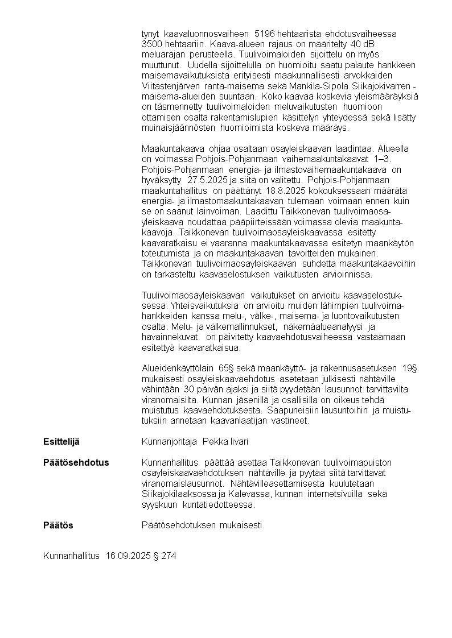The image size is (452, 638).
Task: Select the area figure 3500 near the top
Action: coord(152,44)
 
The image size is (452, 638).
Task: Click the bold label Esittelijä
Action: coord(61,442)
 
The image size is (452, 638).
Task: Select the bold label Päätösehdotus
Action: coord(76,463)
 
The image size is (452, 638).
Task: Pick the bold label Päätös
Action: coord(58,525)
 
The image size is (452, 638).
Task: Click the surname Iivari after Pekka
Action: coord(239,442)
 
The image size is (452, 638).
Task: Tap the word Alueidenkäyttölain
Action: coord(174,368)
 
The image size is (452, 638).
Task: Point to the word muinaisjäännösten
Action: coord(174,127)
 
